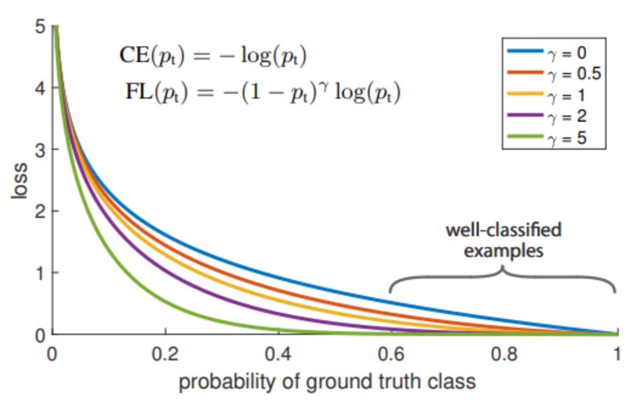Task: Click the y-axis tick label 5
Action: pos(39,27)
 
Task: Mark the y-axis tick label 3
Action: pos(39,150)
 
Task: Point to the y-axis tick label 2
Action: pos(39,211)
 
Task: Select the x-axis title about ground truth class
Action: pos(327,382)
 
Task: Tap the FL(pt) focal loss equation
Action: pos(262,95)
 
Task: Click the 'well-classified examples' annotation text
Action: pos(503,239)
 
